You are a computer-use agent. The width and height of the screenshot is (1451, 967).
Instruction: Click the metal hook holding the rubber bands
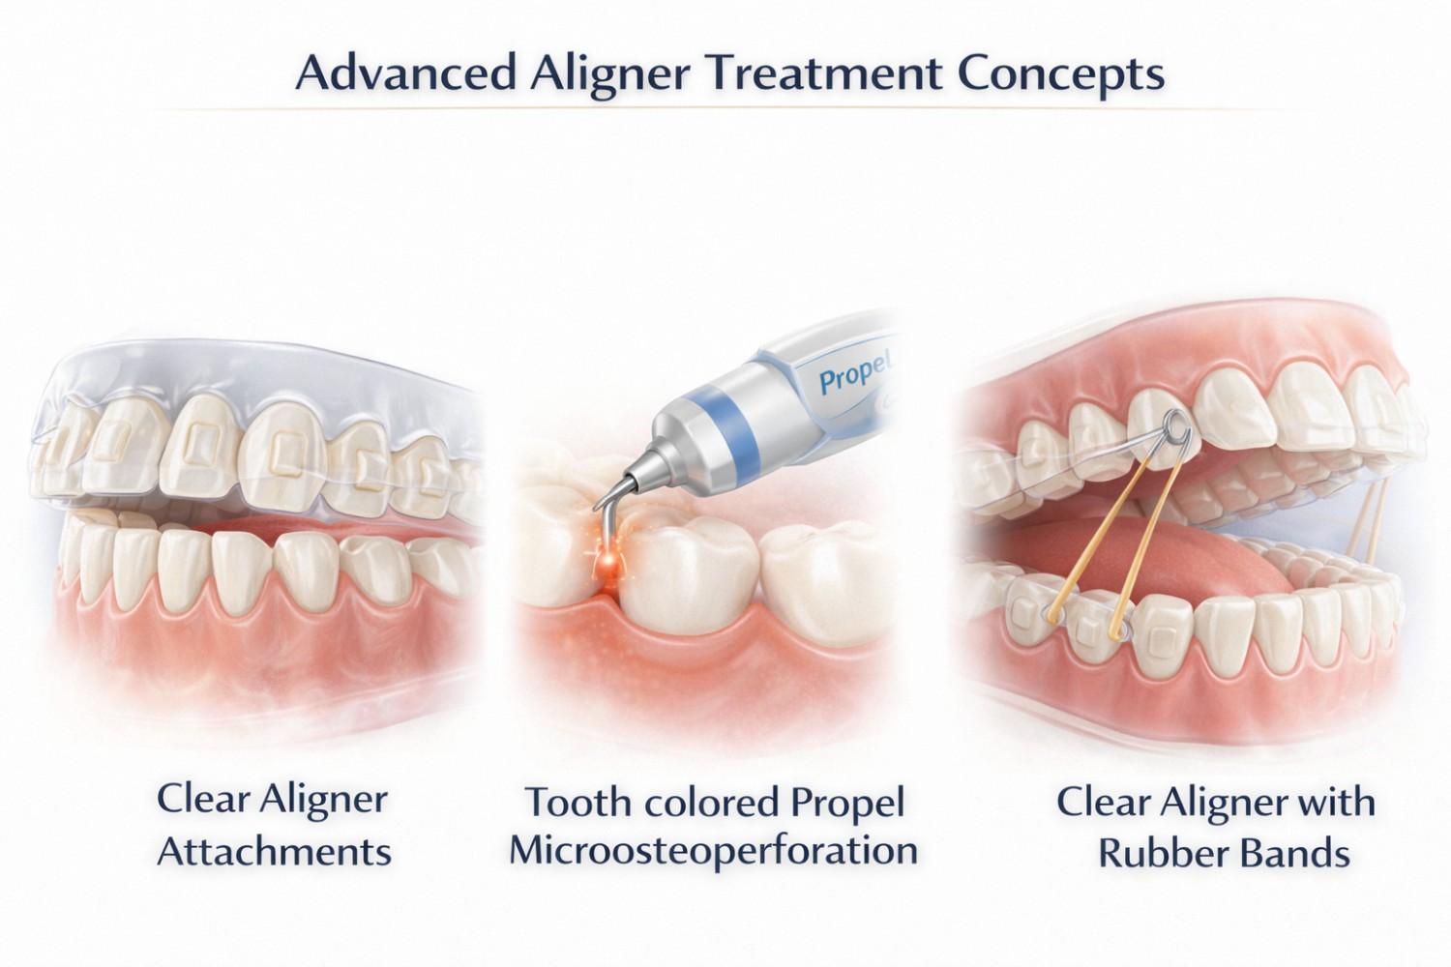1173,427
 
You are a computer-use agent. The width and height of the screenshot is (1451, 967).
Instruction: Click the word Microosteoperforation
713,851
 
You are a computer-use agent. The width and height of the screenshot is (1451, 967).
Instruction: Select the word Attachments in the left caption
274,852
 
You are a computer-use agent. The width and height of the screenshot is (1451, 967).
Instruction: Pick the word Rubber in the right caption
1156,853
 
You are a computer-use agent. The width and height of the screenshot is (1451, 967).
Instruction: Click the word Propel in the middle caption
846,803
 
